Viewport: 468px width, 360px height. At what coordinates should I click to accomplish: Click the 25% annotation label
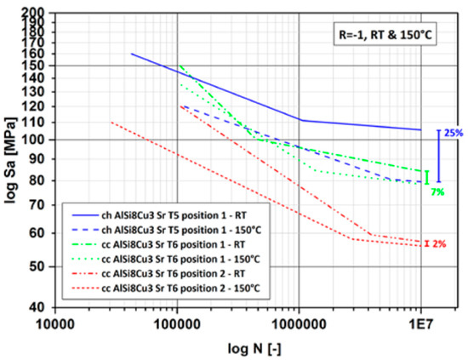[453, 134]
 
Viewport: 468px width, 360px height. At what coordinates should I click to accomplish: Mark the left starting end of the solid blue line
[131, 54]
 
